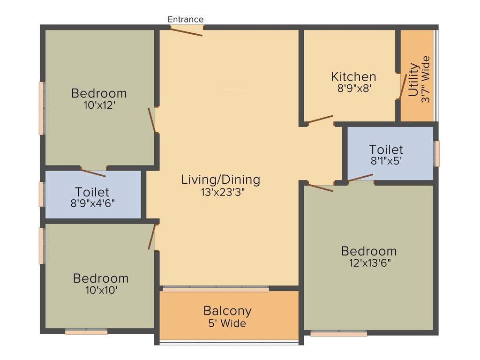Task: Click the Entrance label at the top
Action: point(186,19)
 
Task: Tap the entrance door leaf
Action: point(186,31)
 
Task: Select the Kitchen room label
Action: point(353,76)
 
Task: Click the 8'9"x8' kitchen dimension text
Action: point(354,88)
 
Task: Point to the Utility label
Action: point(413,79)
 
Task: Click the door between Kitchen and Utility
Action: point(402,87)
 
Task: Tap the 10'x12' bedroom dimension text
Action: point(99,105)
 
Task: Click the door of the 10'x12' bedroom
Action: point(152,120)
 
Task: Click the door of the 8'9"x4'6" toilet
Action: point(92,172)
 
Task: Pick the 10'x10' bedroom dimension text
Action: point(101,290)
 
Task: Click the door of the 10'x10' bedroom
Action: point(151,237)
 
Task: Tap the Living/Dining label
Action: point(220,180)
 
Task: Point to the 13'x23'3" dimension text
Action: point(220,192)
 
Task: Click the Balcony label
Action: point(227,310)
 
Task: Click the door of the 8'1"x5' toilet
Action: point(360,178)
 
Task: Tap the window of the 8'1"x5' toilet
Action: point(436,154)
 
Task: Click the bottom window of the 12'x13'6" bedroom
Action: point(338,334)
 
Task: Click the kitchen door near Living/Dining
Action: point(320,119)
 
